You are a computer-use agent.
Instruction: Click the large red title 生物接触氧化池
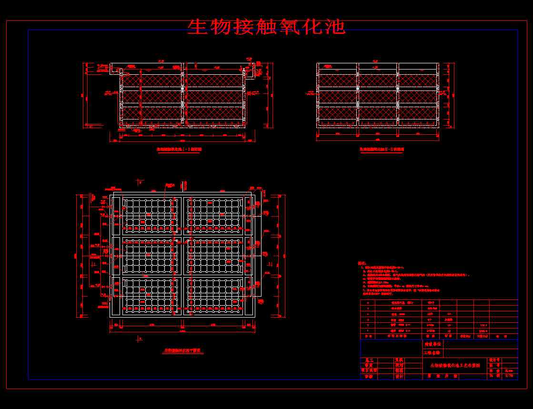[266, 27]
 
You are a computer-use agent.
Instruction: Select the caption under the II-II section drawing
[382, 149]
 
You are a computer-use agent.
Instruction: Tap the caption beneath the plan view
[182, 350]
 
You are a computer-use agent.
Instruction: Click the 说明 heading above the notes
[363, 263]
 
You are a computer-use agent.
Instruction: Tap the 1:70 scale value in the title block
[509, 376]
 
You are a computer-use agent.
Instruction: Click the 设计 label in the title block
[399, 376]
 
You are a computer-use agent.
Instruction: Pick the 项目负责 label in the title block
[369, 370]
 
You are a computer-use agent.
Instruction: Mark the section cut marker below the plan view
[139, 339]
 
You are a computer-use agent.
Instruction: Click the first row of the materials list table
[438, 302]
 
